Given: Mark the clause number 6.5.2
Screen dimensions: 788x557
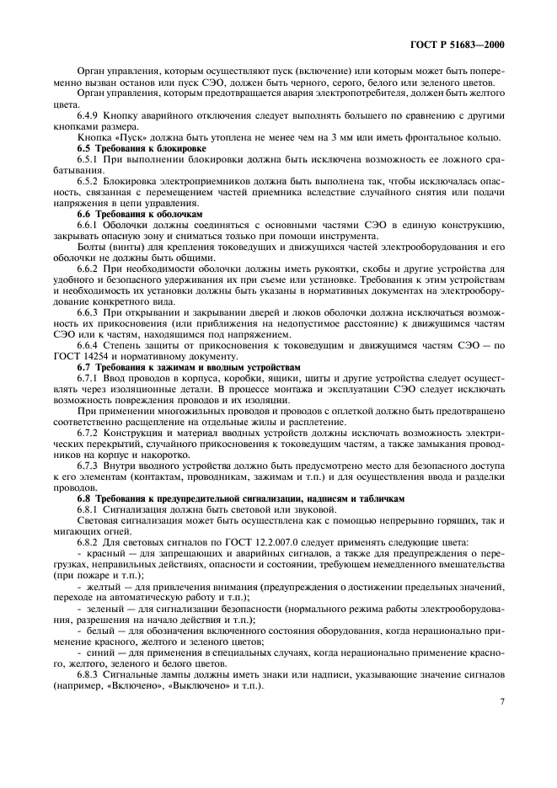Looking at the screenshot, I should (x=89, y=181).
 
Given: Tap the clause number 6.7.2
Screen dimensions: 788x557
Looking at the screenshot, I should (x=89, y=433).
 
